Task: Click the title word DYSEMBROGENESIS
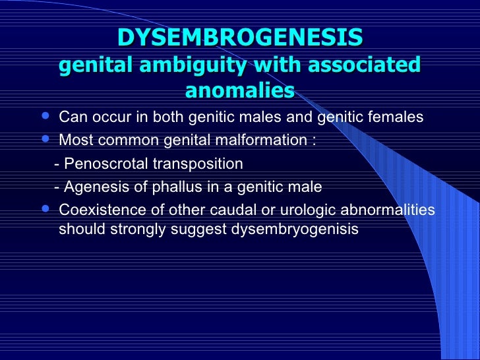pos(240,38)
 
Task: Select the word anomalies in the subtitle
pos(240,90)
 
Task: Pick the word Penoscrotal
pos(101,164)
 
